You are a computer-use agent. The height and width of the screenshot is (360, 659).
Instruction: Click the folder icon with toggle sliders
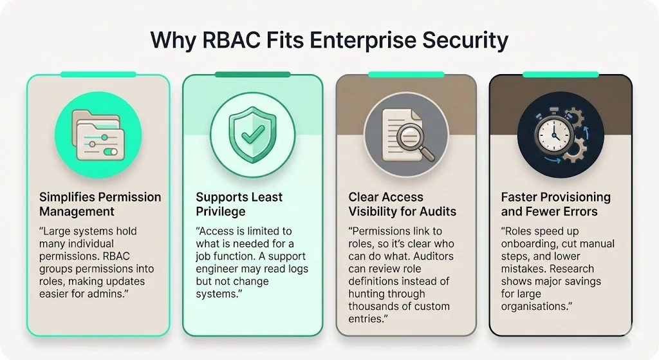96,136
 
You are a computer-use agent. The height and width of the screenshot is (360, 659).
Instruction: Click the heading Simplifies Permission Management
100,204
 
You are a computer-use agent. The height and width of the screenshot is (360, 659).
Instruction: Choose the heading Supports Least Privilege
239,204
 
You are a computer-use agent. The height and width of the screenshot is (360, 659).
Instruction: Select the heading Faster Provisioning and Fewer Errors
555,204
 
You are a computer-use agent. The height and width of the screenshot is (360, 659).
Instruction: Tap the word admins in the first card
128,294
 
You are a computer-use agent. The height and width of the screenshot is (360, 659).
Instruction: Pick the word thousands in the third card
373,306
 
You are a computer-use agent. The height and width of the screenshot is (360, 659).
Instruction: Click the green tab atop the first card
98,75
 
